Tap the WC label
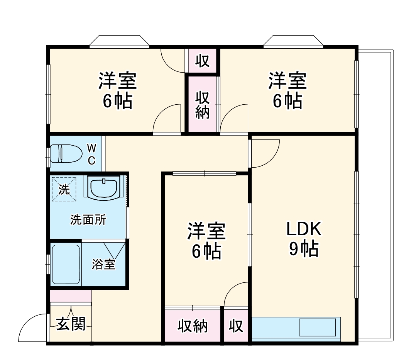tap(91, 154)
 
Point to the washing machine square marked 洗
tap(64, 189)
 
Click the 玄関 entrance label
tap(71, 324)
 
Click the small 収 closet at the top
tap(202, 61)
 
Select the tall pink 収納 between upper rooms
tap(202, 104)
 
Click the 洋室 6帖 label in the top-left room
tap(117, 91)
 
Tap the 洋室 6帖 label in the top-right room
tap(287, 91)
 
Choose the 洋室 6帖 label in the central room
tap(206, 241)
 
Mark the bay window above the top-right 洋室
tap(293, 41)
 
